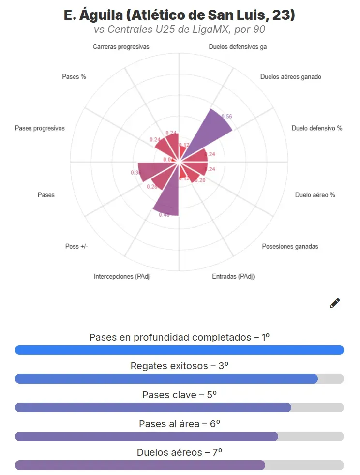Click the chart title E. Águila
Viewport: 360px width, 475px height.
[x=180, y=15]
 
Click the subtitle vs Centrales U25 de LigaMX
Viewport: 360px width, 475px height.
[x=180, y=29]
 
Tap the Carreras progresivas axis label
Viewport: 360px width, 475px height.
[x=121, y=47]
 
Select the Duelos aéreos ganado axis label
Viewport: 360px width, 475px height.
[x=290, y=76]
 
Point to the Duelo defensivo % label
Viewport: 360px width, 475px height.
[x=317, y=128]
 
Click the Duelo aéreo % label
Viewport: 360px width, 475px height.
[x=315, y=195]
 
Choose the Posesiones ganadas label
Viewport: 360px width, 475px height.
[x=290, y=246]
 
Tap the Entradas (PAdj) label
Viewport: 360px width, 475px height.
[x=233, y=276]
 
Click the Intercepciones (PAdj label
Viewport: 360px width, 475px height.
[x=121, y=276]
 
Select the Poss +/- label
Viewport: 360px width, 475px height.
[x=76, y=246]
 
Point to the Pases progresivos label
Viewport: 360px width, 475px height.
[x=40, y=128]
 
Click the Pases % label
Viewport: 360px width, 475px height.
[x=74, y=76]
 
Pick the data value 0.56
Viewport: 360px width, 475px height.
[x=226, y=116]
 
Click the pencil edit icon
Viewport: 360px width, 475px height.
[x=335, y=303]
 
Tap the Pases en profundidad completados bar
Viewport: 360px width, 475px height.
[x=180, y=350]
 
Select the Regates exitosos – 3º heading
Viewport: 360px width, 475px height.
[x=180, y=366]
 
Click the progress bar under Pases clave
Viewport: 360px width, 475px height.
[x=180, y=407]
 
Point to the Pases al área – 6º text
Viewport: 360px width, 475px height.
[x=180, y=424]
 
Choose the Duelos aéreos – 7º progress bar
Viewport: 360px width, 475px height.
[x=180, y=465]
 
